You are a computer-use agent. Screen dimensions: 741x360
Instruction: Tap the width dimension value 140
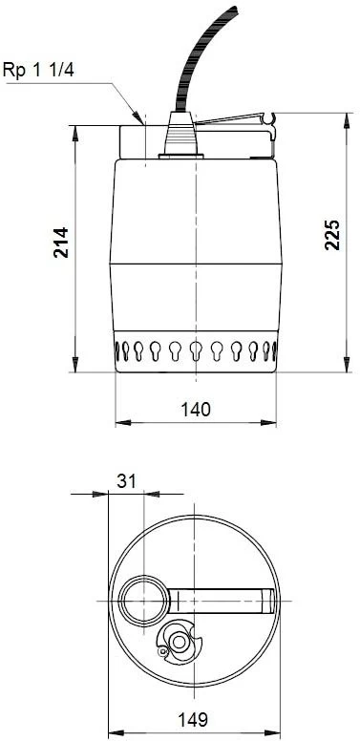point(195,408)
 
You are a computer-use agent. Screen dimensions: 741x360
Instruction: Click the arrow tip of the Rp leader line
point(142,124)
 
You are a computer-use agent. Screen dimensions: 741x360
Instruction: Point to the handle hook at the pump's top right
point(273,118)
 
